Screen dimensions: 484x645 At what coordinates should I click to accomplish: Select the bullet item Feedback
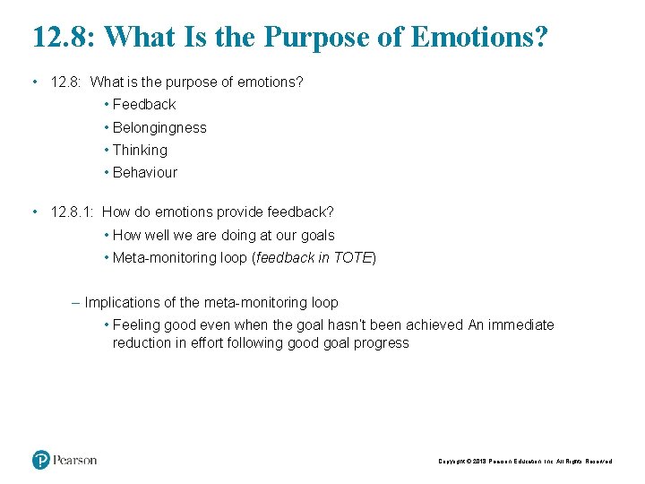(144, 105)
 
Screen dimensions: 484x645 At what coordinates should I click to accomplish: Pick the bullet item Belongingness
(159, 127)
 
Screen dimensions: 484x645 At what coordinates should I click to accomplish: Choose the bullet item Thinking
(140, 151)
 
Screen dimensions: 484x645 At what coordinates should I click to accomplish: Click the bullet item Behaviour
(145, 173)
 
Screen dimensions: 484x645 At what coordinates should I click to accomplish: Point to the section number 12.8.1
(73, 212)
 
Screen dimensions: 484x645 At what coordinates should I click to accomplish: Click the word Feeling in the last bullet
(137, 325)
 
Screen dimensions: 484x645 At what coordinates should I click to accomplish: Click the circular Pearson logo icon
(41, 460)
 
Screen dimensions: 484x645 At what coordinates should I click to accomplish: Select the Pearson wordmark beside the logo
(74, 460)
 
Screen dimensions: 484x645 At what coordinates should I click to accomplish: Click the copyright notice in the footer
(525, 462)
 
